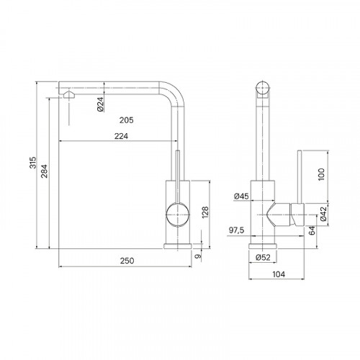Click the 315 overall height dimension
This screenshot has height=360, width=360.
tap(33, 163)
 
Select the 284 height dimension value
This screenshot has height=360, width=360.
tap(44, 171)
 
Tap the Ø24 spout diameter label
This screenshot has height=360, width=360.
tap(101, 104)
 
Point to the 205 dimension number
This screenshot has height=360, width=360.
tap(127, 120)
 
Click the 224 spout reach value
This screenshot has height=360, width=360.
tap(121, 136)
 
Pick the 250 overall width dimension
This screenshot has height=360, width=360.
tap(127, 261)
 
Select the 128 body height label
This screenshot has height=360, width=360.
tap(205, 212)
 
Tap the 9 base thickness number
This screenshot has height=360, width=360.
tap(198, 256)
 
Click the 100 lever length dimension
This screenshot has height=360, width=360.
tap(321, 174)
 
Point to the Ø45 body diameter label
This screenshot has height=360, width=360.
tap(241, 197)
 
